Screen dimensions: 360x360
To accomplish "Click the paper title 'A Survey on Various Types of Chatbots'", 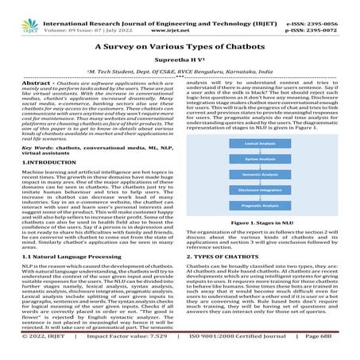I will (180, 47).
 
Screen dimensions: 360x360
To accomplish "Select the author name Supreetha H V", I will (180, 60).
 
